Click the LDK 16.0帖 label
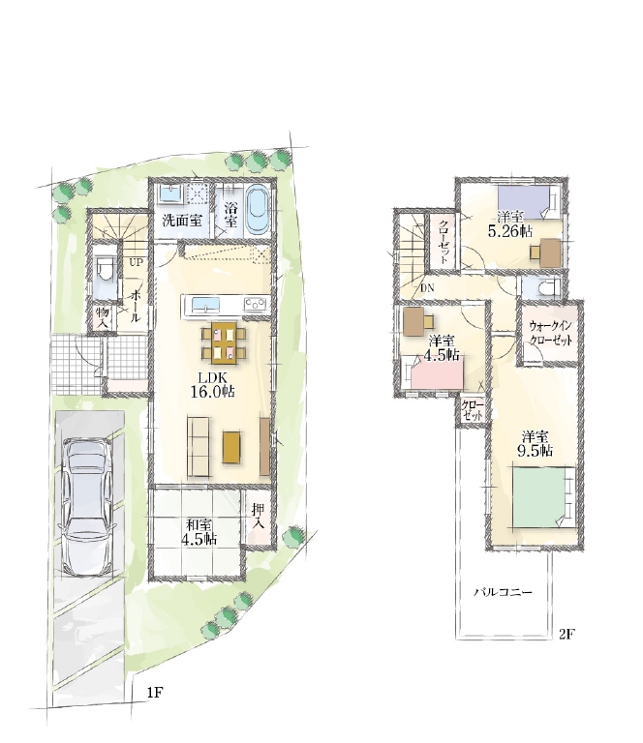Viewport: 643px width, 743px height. (x=213, y=384)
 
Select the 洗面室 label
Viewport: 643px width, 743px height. (x=182, y=221)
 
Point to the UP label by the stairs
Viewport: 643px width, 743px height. (x=137, y=262)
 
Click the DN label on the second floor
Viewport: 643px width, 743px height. (x=427, y=287)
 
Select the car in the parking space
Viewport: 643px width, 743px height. (x=88, y=506)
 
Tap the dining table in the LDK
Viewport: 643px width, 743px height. (x=224, y=342)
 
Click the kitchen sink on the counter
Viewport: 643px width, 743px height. (x=205, y=303)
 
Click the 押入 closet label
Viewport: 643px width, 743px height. (x=258, y=517)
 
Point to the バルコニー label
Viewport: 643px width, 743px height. (x=504, y=592)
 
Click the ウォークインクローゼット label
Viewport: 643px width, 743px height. (x=551, y=333)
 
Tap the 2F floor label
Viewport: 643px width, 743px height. (x=566, y=634)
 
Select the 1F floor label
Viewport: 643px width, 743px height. (x=155, y=693)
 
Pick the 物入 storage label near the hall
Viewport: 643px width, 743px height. (x=104, y=318)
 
